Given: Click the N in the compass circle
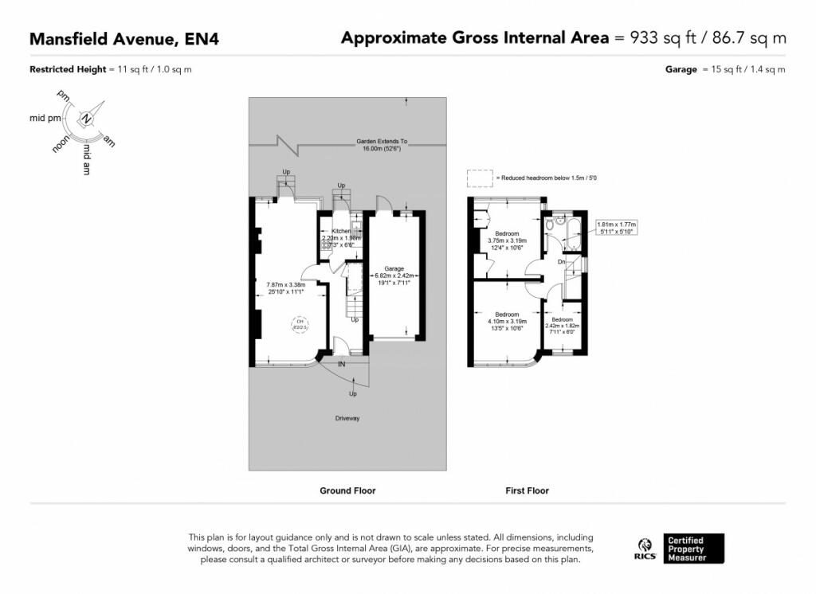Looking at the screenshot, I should tap(87, 120).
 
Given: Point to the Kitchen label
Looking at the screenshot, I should tap(342, 230).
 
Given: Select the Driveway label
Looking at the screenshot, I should tap(347, 418).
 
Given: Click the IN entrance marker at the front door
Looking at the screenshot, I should tap(342, 364).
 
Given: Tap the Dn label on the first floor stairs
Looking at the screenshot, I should tap(561, 261).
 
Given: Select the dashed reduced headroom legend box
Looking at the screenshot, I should tap(479, 177).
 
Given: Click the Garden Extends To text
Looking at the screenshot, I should tap(382, 142).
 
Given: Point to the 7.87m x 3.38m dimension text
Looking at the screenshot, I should tap(286, 287).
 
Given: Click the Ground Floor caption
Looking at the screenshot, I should tap(347, 491).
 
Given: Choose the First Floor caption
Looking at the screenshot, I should tap(527, 491).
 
